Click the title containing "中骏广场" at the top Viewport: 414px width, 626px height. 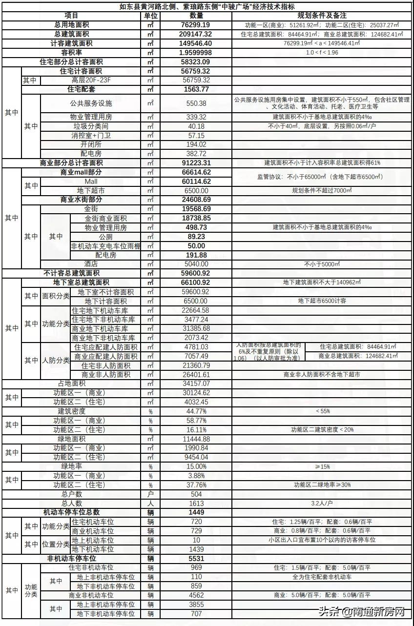point(207,6)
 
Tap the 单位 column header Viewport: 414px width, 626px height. point(150,16)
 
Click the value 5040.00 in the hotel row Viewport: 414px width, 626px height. point(197,264)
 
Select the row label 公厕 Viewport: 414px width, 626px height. point(105,237)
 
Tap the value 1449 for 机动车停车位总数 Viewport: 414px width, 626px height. point(197,512)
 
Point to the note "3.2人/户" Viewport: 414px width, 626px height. point(322,503)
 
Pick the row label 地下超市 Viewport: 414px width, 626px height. point(91,190)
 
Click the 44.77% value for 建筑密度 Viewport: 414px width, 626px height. point(197,411)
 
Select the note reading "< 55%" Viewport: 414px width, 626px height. point(322,411)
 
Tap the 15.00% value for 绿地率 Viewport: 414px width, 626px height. point(197,466)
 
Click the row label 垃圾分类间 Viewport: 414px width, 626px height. point(91,126)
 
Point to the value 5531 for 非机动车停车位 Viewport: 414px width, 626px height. point(197,558)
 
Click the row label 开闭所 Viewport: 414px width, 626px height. point(91,144)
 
